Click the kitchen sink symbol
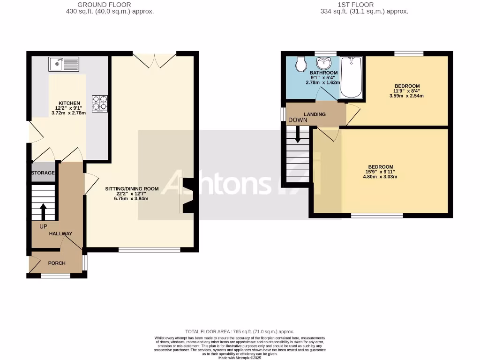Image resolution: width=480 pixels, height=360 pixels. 64,63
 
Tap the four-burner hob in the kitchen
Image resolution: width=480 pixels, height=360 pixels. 99,104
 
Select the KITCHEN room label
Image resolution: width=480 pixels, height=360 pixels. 69,103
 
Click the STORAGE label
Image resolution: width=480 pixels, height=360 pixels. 43,173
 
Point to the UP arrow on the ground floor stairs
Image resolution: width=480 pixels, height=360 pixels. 44,211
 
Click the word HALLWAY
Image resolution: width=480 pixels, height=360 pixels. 60,233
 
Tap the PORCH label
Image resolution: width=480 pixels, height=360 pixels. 57,263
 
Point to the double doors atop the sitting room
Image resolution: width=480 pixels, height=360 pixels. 154,60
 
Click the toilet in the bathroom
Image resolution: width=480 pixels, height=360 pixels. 301,63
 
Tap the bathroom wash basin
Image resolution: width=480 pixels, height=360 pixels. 323,63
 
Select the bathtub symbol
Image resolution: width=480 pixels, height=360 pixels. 351,77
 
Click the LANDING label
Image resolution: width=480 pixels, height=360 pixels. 315,114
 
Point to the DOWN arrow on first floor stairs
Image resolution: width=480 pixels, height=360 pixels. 298,136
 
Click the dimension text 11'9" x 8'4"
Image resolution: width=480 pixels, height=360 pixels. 406,91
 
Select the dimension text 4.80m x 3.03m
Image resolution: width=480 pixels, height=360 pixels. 380,177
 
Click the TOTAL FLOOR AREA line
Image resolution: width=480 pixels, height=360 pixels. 240,331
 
